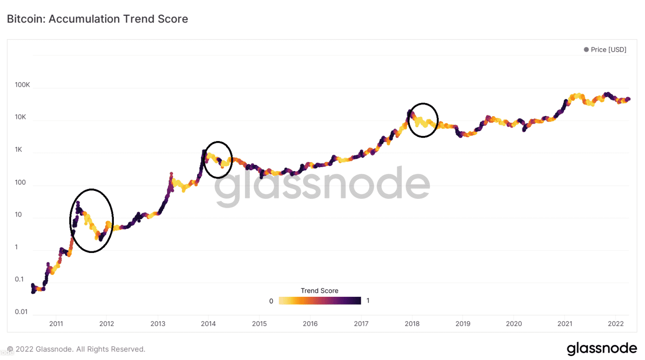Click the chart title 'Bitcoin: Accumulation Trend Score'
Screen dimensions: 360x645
pyautogui.click(x=97, y=19)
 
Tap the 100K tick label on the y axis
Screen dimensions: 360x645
pyautogui.click(x=22, y=85)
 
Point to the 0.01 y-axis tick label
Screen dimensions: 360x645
pyautogui.click(x=21, y=312)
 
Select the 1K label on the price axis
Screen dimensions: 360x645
pyautogui.click(x=19, y=150)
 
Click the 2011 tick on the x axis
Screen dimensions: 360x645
pyautogui.click(x=56, y=324)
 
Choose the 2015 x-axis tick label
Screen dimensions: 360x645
pyautogui.click(x=259, y=324)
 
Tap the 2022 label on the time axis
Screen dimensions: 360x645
pyautogui.click(x=615, y=324)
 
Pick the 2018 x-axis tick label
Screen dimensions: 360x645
pyautogui.click(x=412, y=324)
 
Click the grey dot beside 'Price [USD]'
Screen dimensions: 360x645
pyautogui.click(x=586, y=49)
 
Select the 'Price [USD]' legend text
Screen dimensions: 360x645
pyautogui.click(x=608, y=49)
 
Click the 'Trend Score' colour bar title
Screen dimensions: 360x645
pyautogui.click(x=319, y=290)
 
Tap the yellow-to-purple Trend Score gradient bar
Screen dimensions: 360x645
pyautogui.click(x=320, y=301)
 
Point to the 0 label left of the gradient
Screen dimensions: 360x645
pyautogui.click(x=271, y=301)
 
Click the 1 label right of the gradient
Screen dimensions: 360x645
pyautogui.click(x=368, y=301)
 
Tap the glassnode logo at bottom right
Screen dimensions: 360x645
pyautogui.click(x=602, y=349)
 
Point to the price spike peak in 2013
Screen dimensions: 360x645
pyautogui.click(x=171, y=173)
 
